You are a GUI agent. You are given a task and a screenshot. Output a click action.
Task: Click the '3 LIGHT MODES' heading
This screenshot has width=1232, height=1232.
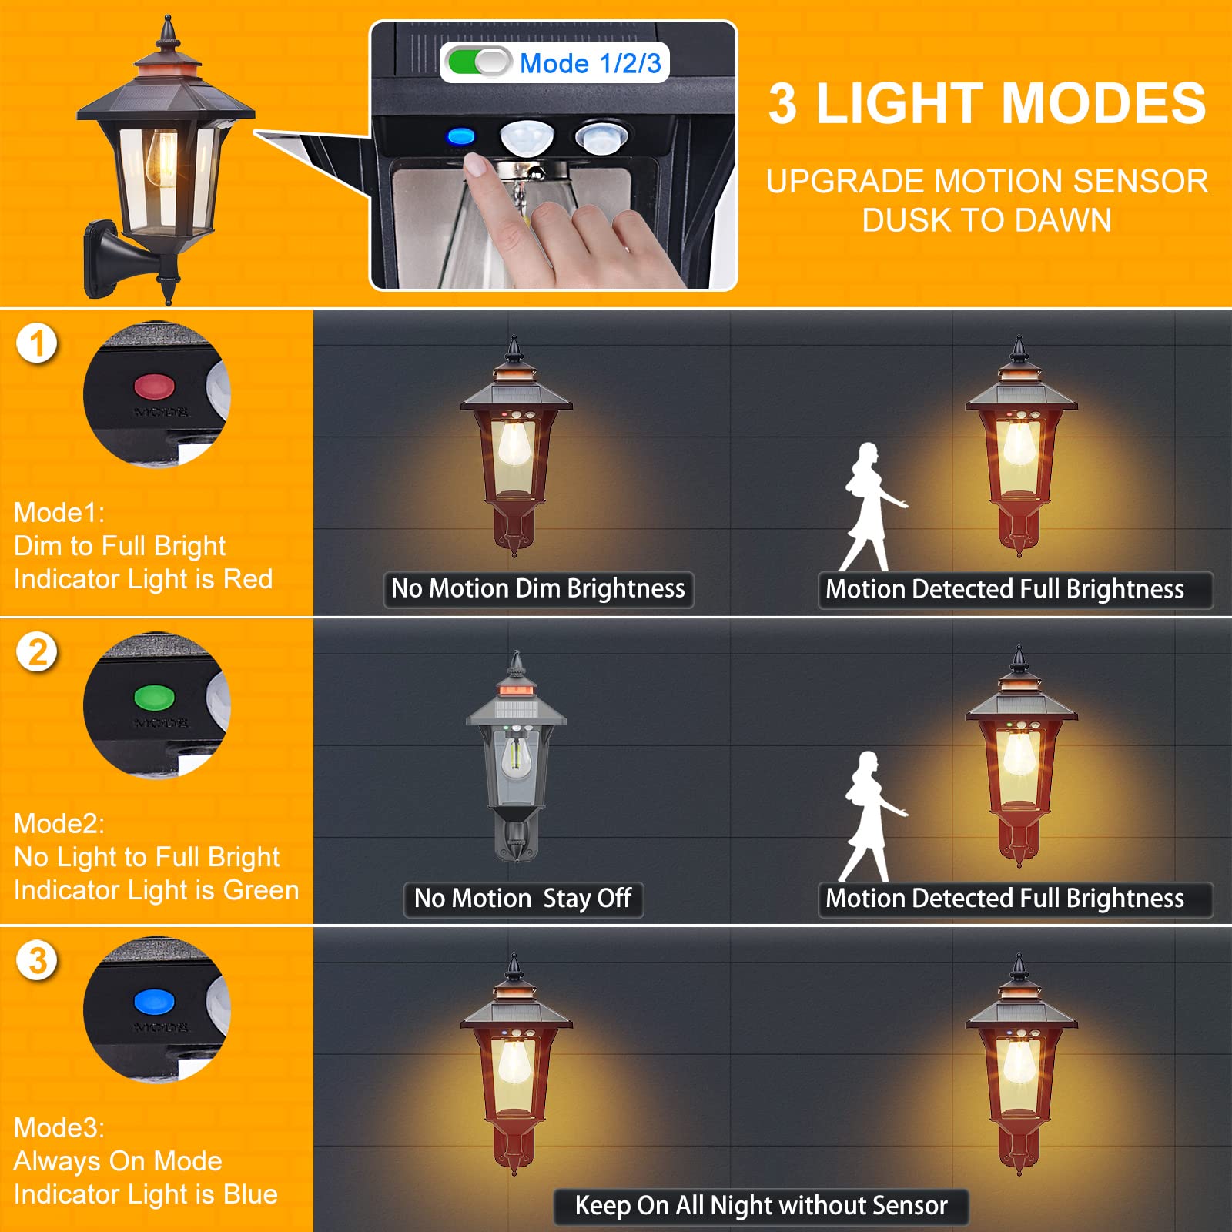coord(986,104)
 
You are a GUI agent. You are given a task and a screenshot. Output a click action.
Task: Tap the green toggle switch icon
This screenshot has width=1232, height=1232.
coord(478,62)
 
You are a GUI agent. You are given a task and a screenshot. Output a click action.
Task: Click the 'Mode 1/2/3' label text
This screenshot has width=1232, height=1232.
coord(590,63)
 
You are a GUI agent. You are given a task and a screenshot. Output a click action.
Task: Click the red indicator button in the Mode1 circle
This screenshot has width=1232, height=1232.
coord(155,385)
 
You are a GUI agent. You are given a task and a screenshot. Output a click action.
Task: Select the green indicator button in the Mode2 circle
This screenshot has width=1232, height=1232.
coord(155,698)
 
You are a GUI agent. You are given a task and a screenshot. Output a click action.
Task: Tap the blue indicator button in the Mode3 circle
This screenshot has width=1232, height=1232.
coord(155,1002)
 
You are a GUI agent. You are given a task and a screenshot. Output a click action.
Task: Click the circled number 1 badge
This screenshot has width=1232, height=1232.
coord(37,343)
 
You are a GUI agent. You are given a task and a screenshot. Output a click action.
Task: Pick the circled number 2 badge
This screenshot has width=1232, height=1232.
coord(37,653)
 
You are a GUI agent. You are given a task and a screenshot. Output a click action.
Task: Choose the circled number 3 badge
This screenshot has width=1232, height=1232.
coord(37,961)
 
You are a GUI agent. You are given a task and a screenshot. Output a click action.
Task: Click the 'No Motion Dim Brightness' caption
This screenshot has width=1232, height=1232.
coord(538,589)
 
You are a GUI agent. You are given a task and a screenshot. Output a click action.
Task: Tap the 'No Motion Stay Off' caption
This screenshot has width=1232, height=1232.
coord(523,899)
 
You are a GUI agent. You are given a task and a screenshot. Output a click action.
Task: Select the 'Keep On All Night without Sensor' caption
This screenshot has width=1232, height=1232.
coord(761,1206)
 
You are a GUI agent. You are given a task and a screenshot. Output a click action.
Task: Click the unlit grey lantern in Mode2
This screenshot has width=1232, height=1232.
coord(516,758)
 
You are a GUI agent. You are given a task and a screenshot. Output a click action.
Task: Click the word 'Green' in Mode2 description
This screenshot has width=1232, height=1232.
coord(260,890)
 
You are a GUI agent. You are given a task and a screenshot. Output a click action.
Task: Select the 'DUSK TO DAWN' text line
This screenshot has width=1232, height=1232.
coord(986,220)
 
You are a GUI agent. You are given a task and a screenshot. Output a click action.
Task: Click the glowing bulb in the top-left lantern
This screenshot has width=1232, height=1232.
coord(162,154)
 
